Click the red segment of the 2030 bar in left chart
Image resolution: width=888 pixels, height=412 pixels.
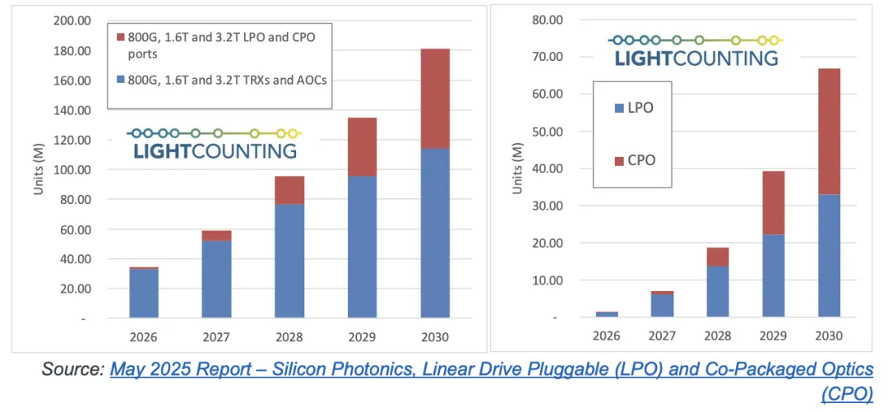point(435,99)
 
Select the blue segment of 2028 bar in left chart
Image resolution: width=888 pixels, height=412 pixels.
point(289,261)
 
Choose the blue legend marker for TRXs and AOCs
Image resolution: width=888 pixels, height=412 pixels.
point(121,80)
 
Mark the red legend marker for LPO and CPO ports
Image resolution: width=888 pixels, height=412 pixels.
point(121,38)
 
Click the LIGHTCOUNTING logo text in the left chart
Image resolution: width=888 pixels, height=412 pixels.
point(211,151)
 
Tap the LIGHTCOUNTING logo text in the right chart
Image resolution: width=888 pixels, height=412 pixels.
point(696,58)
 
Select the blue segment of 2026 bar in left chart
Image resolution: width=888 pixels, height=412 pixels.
point(144,294)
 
